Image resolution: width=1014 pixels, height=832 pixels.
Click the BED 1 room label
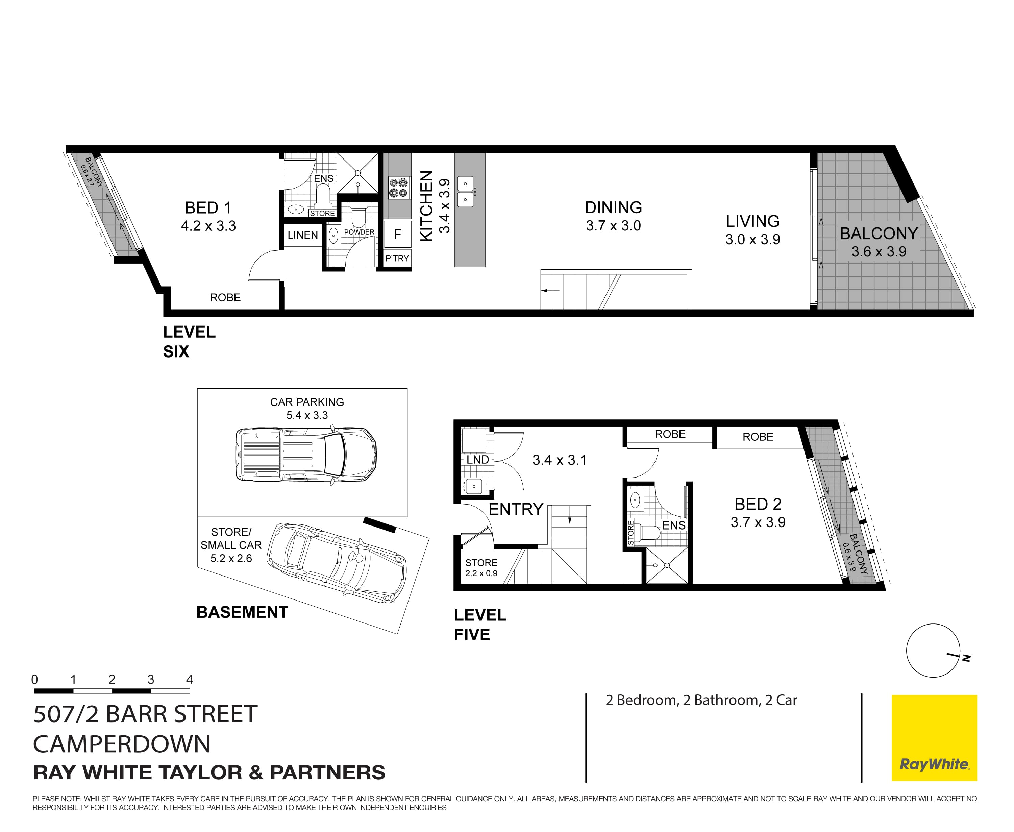tap(208, 208)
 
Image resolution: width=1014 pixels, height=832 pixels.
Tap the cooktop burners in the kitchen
tap(398, 188)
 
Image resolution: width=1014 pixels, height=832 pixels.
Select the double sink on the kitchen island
tap(465, 191)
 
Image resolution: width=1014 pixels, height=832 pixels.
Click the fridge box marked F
tap(397, 235)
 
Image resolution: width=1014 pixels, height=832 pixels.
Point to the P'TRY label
tap(397, 258)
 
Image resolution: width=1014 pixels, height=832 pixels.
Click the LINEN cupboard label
tap(302, 235)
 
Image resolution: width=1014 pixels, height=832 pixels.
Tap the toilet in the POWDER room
tap(358, 214)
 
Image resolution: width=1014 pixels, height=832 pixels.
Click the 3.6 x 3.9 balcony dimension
tap(879, 252)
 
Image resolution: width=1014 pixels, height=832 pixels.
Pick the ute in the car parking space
tap(306, 454)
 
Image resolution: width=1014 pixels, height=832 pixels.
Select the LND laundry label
tap(477, 460)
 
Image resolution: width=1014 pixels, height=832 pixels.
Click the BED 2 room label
tap(758, 504)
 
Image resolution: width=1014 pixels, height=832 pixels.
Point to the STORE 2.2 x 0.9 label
tap(481, 567)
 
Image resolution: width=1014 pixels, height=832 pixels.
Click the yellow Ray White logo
tap(934, 738)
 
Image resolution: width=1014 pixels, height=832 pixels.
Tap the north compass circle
tap(933, 651)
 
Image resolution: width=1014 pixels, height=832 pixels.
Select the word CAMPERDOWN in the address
tap(122, 744)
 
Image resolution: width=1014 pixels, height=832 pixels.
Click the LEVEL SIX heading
tap(189, 341)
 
